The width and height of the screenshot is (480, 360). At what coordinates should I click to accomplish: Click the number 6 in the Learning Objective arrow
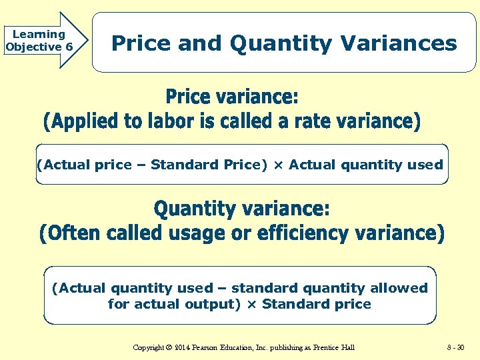click(x=69, y=47)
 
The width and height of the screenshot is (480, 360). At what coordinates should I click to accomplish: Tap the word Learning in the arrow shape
click(x=39, y=34)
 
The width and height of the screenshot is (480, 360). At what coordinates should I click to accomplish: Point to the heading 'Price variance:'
click(x=232, y=97)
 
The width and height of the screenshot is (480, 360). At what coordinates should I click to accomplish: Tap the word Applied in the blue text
click(x=84, y=121)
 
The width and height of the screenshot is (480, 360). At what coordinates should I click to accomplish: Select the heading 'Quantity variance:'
click(x=242, y=209)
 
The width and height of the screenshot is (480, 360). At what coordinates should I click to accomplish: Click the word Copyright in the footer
click(x=148, y=347)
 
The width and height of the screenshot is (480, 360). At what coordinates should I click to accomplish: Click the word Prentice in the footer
click(x=323, y=347)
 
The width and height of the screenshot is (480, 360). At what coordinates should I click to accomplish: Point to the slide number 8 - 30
click(x=457, y=347)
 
